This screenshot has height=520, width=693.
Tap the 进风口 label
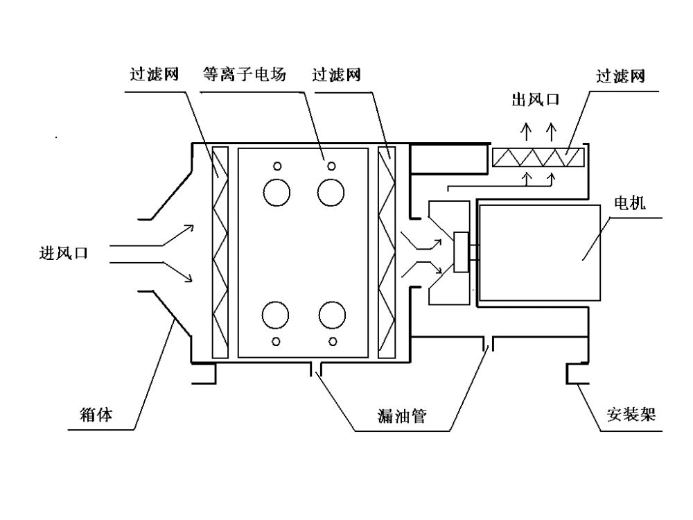point(63,253)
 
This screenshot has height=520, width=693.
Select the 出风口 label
point(535,100)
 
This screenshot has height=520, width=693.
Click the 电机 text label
point(630,202)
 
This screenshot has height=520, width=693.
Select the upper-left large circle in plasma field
point(276,191)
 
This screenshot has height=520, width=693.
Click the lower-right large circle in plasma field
point(331,315)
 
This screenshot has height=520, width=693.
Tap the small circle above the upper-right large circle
point(332,166)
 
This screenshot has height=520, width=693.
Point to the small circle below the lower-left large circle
point(277,340)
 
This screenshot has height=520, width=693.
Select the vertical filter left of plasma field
point(220,253)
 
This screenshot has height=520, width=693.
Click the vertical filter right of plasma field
point(387,253)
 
